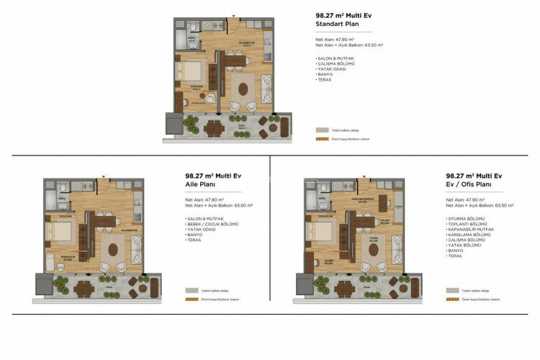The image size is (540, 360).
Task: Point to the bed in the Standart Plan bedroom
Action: [x=191, y=72]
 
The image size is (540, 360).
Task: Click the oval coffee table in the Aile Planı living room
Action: [x=113, y=250]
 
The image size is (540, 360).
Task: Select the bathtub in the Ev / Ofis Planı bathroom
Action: [x=311, y=199]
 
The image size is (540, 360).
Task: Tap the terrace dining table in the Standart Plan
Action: [x=214, y=128]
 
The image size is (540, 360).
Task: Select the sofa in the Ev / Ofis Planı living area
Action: [x=397, y=249]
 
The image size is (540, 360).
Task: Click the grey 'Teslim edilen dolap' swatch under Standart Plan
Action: [x=322, y=130]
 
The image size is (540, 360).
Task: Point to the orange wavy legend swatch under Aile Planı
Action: [x=192, y=299]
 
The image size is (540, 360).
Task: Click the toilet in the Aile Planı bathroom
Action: [x=63, y=189]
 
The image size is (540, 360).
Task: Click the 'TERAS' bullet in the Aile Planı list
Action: [x=193, y=240]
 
